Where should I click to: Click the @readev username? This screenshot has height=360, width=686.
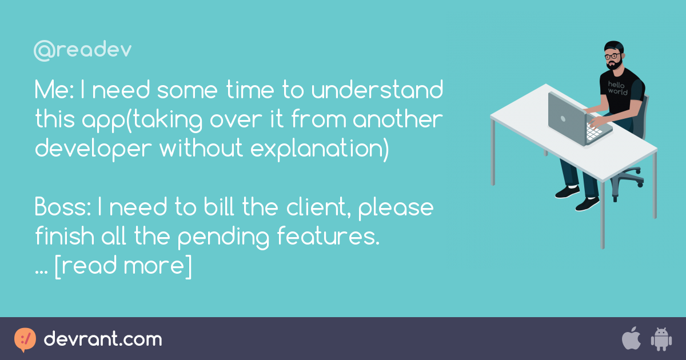(82, 51)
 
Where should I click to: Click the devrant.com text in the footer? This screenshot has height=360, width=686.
(103, 339)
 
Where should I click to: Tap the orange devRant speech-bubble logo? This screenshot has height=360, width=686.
(25, 339)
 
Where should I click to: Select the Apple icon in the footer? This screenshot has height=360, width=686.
(631, 339)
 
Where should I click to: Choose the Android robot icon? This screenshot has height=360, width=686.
(660, 339)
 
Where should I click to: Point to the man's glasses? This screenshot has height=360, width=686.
(613, 57)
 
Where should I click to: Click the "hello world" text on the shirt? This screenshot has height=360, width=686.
(617, 87)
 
